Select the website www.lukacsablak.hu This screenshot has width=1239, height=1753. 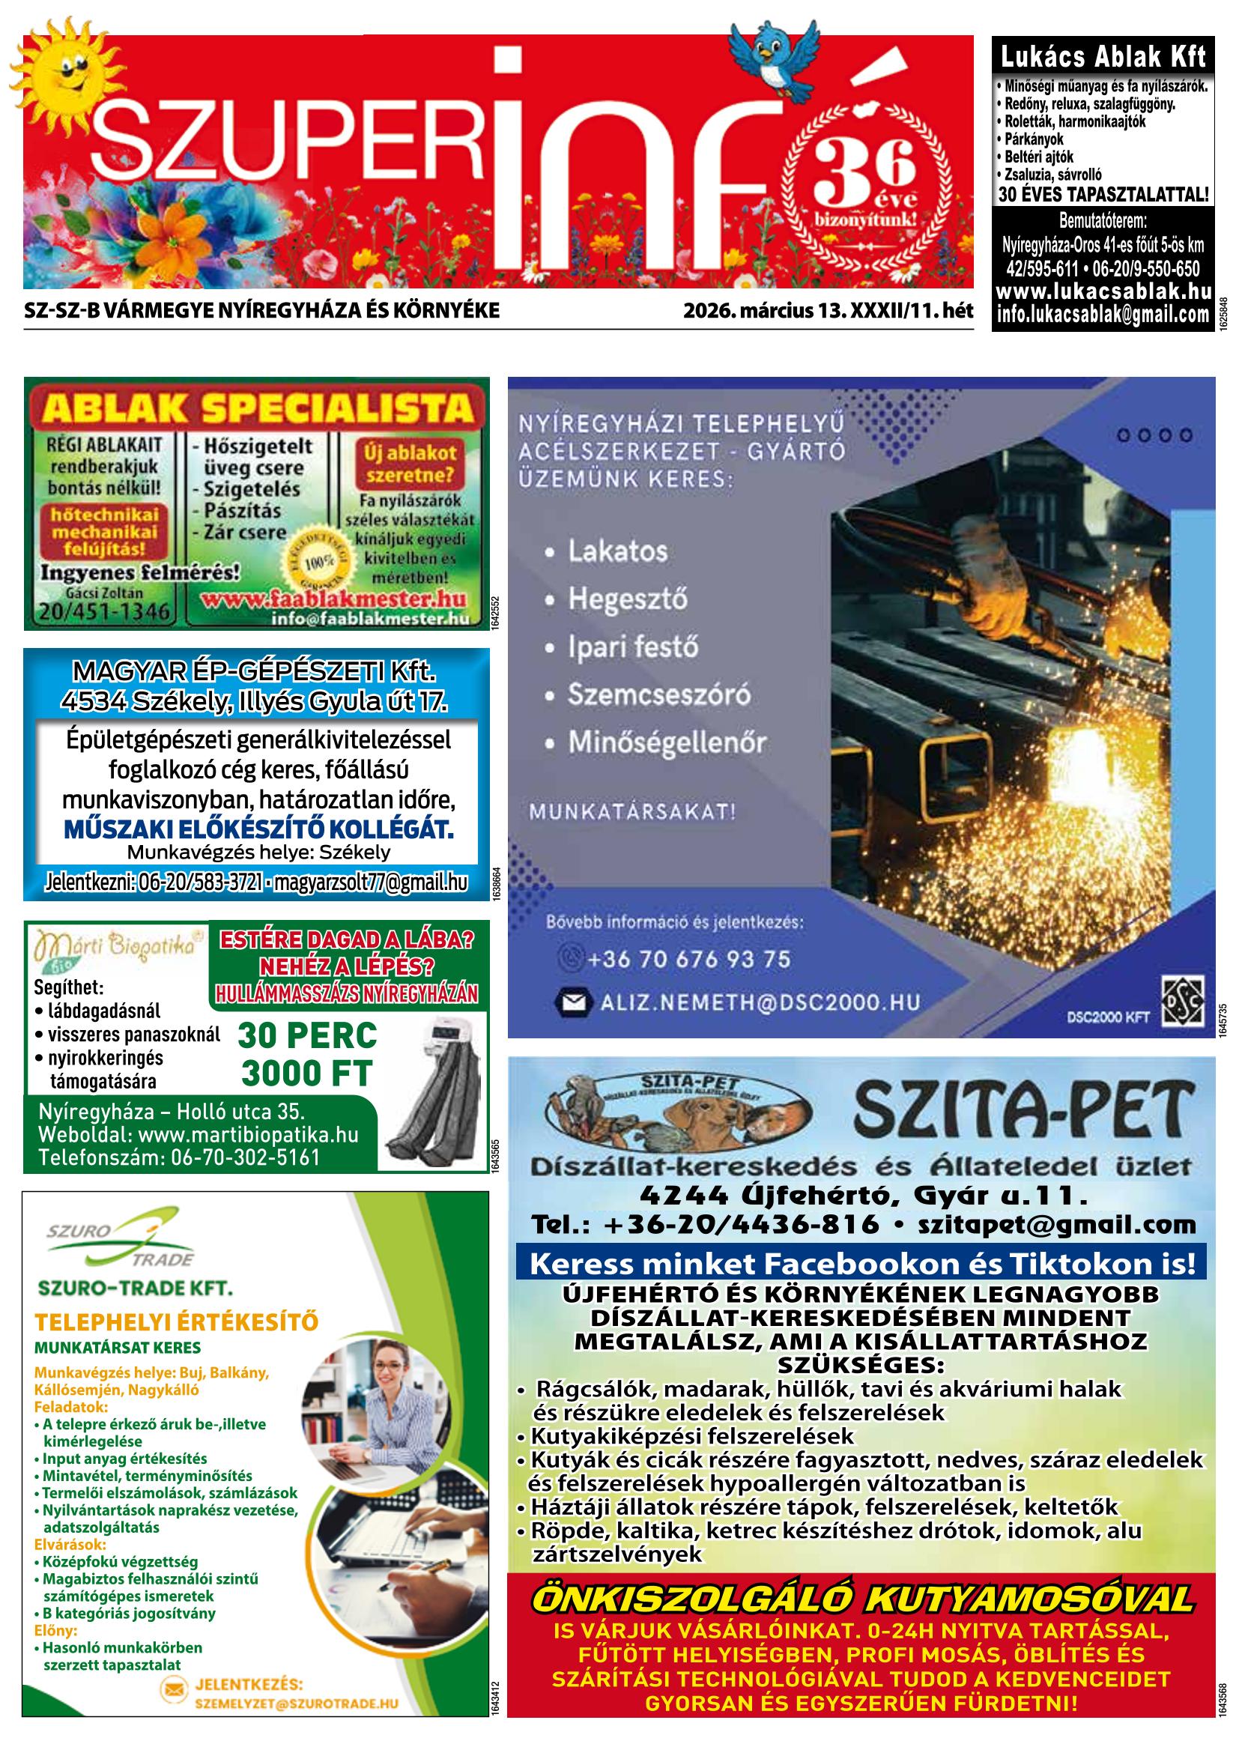click(1103, 291)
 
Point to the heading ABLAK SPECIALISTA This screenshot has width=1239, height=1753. click(258, 409)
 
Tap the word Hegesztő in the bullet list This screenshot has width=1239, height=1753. click(627, 599)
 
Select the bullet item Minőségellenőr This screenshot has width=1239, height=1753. click(667, 743)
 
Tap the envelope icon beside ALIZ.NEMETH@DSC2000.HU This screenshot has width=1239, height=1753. click(574, 1002)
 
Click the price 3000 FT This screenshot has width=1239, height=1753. click(307, 1074)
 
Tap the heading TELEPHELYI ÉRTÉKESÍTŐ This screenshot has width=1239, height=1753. click(176, 1321)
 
